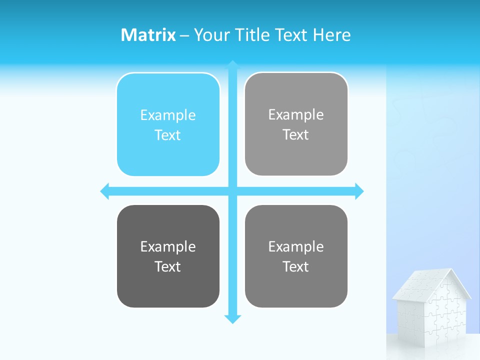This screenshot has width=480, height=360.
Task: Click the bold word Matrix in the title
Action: pos(148,35)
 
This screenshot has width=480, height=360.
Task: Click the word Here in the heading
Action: pos(332,35)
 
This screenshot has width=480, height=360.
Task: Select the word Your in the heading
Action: pos(212,35)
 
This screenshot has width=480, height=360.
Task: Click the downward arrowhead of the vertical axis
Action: pos(232,319)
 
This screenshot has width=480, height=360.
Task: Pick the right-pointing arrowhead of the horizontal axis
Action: pos(359,191)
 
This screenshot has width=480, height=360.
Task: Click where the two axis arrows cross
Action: pos(232,191)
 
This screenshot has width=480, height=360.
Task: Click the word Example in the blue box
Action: pos(168,115)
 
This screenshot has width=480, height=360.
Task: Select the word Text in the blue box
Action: pos(168,135)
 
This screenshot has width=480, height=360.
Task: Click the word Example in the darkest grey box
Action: pos(168,247)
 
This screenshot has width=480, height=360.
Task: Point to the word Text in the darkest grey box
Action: pos(168,267)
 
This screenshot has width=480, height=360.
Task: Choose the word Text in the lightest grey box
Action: pos(296,135)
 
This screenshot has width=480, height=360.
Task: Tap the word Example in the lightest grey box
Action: pos(296,115)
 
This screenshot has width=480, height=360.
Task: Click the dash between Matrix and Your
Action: pos(184,35)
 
